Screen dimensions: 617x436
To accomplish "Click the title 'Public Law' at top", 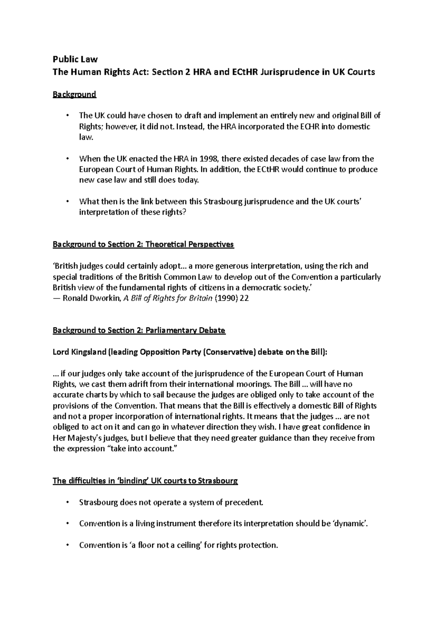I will (75, 59).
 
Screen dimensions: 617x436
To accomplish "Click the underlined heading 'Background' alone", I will (74, 94).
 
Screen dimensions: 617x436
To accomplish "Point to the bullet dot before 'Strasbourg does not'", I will (67, 503).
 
